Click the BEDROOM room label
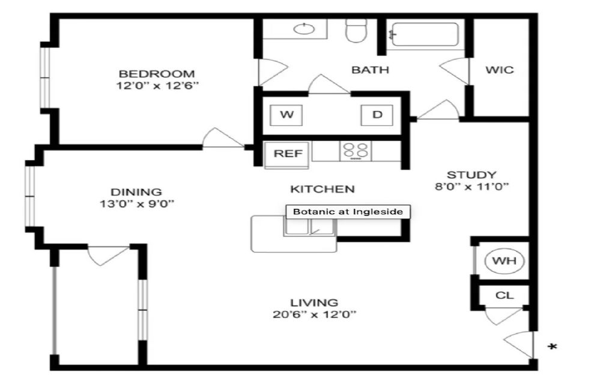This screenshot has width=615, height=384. (x=157, y=74)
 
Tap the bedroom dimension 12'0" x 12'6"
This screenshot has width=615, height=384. (x=158, y=85)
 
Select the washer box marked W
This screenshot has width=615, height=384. (x=286, y=115)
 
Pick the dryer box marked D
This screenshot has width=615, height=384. (x=377, y=115)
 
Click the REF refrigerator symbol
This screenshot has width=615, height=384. (x=286, y=154)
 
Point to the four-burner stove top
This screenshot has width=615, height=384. (x=356, y=151)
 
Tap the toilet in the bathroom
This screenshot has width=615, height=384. (x=356, y=30)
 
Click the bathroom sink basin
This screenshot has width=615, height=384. (x=304, y=28)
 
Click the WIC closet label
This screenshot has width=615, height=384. (x=499, y=70)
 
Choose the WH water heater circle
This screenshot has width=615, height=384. (x=504, y=260)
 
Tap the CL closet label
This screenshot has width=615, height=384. (x=504, y=295)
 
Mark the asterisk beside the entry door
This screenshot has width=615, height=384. (x=553, y=347)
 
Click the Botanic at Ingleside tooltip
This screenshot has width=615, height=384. (x=348, y=212)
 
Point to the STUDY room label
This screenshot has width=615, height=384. (x=471, y=175)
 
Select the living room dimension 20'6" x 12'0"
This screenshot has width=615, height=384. (x=315, y=314)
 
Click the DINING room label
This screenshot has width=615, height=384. (x=136, y=192)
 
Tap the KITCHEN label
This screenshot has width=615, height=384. (x=323, y=189)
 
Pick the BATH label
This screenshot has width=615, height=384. (x=370, y=70)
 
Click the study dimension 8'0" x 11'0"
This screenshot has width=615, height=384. (x=472, y=187)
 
